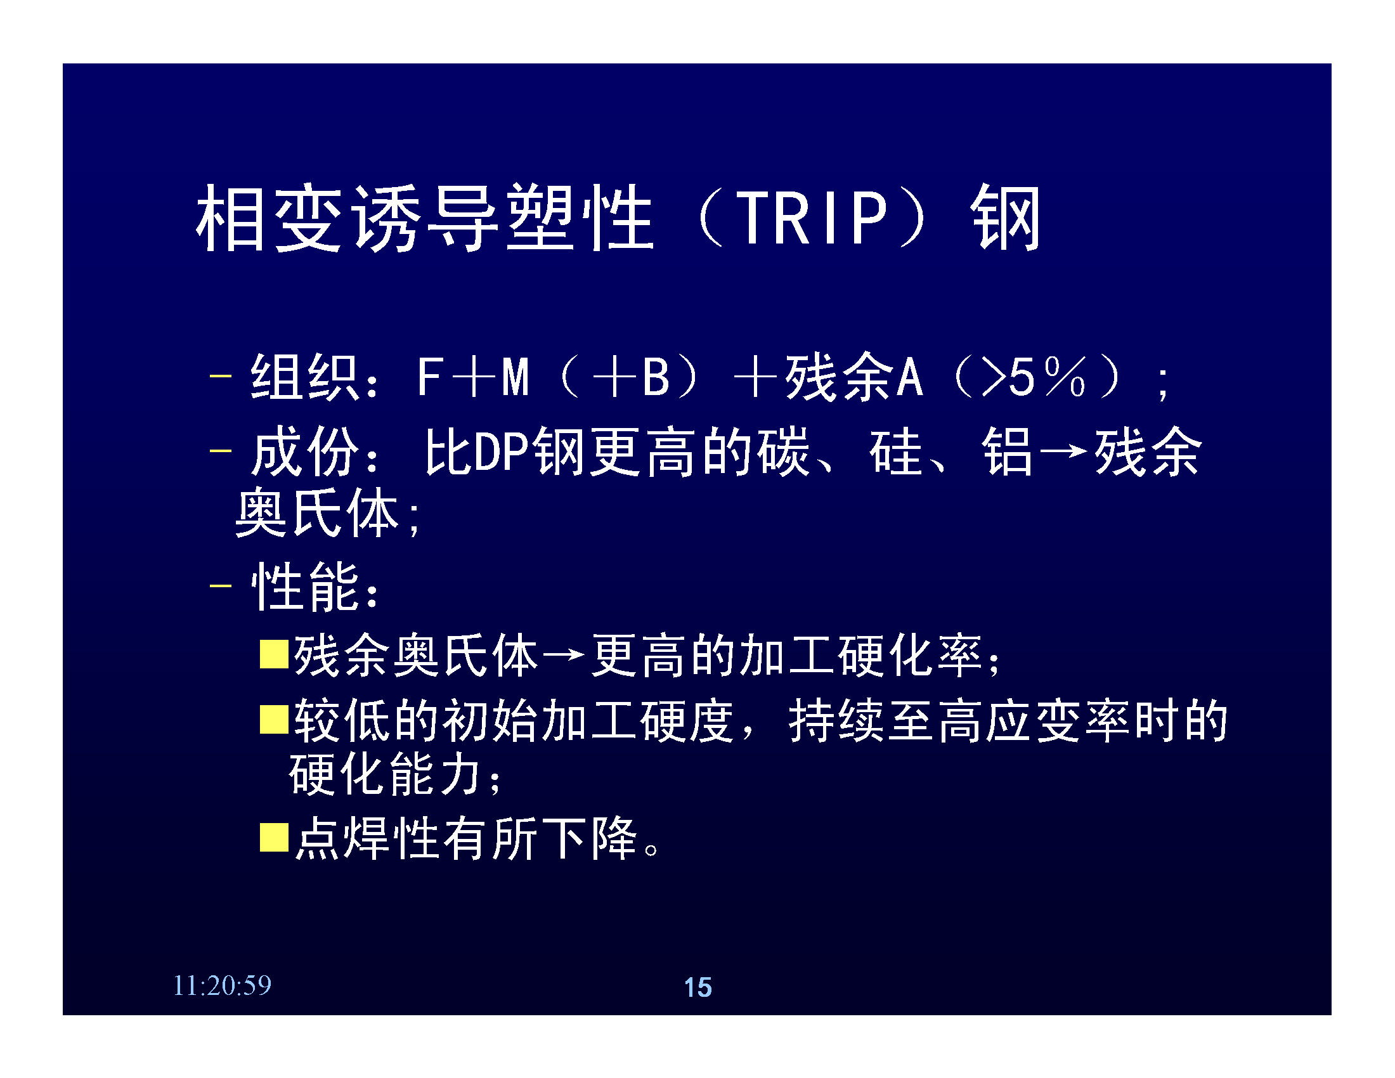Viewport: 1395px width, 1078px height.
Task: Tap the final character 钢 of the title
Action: [x=1006, y=218]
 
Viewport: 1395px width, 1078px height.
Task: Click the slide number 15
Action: [x=697, y=987]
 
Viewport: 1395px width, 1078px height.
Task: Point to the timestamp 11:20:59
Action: [x=223, y=985]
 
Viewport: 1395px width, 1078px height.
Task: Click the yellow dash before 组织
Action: [x=221, y=375]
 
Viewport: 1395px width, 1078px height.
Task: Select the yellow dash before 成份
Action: [x=221, y=451]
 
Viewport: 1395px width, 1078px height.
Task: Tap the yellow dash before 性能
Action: [x=221, y=585]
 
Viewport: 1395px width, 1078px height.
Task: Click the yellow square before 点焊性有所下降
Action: [x=275, y=837]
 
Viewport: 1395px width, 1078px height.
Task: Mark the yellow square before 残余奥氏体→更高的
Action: [x=275, y=654]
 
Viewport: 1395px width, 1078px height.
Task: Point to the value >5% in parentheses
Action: [x=1034, y=377]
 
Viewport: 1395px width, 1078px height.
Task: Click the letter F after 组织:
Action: [x=429, y=377]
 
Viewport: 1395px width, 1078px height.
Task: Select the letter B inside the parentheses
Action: [x=656, y=377]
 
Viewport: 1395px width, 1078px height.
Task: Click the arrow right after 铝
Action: [x=1063, y=451]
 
